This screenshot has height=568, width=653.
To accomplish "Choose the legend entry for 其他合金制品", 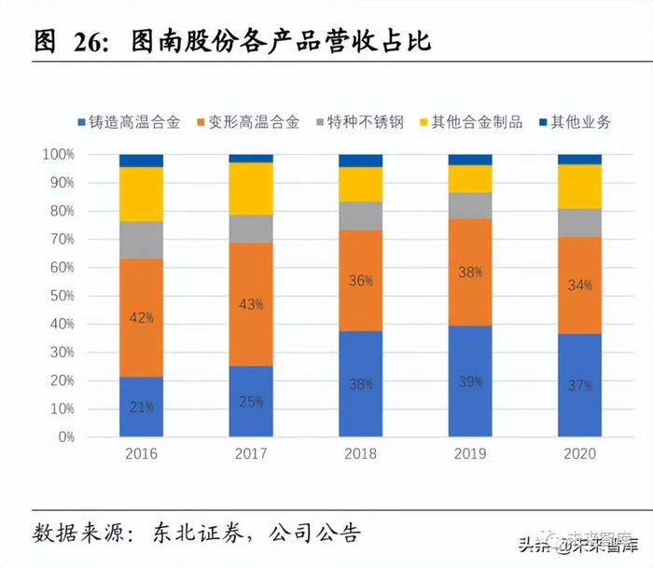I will coord(468,122).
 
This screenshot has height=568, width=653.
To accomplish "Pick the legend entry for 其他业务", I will coord(574,122).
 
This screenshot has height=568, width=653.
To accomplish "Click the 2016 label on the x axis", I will coord(141,455).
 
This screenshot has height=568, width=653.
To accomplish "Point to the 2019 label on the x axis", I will coord(470,455).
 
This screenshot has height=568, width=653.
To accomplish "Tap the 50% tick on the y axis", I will coord(59,296).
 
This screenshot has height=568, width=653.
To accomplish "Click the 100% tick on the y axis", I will coord(56,154).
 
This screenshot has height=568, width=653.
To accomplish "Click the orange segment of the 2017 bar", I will coord(251,304).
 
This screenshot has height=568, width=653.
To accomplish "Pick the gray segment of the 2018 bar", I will coord(361,215).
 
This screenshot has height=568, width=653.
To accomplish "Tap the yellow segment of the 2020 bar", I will coord(580,187).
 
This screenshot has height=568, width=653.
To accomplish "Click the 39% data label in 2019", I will coord(470,381).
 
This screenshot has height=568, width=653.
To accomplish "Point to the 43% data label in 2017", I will coord(251,305).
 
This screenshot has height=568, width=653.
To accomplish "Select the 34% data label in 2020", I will coord(580,284).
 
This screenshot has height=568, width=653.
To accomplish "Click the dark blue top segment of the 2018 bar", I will coord(361,160).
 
